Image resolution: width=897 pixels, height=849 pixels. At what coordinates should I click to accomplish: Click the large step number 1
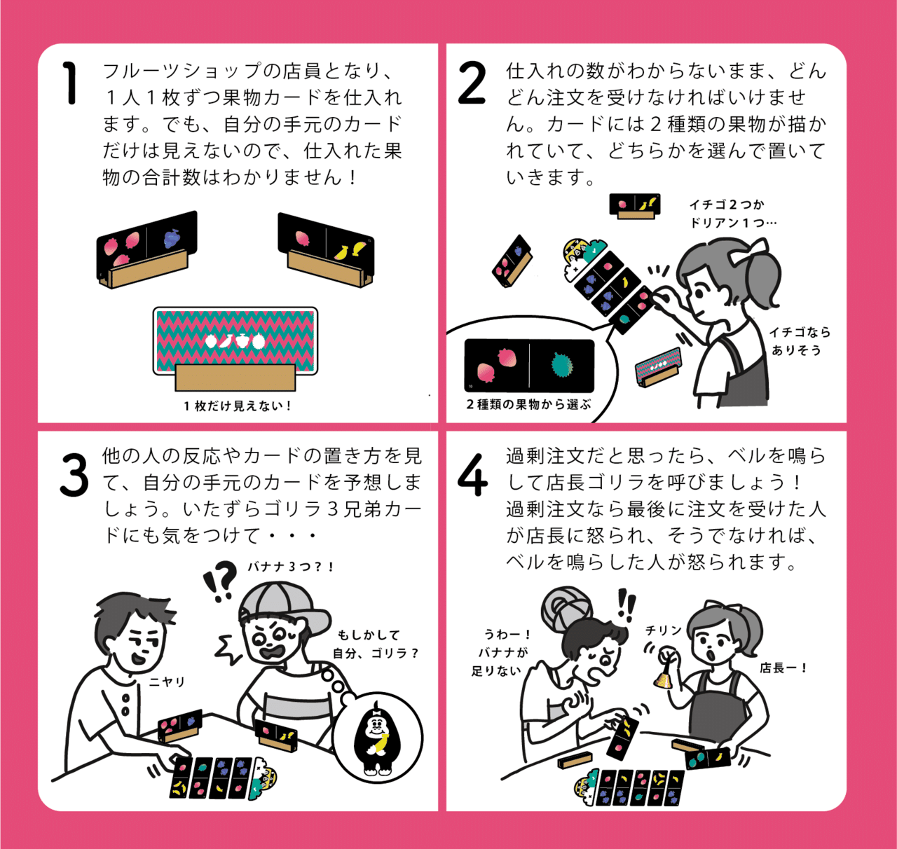(x=70, y=83)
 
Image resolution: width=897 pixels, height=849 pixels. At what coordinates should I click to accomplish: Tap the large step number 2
(x=472, y=84)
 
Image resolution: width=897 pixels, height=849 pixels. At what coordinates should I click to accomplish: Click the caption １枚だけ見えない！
(x=238, y=406)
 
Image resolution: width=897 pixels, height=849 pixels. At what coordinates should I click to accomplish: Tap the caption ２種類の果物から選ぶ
(x=528, y=404)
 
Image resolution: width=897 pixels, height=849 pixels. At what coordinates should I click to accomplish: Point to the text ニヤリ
(x=167, y=682)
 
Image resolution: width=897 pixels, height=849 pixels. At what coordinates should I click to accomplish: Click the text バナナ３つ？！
(x=291, y=567)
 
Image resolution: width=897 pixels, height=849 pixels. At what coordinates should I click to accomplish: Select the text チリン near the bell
(x=663, y=630)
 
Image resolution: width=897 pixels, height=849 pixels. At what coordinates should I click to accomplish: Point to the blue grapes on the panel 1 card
(x=172, y=237)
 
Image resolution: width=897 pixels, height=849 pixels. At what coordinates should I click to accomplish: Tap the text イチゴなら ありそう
(x=800, y=340)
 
